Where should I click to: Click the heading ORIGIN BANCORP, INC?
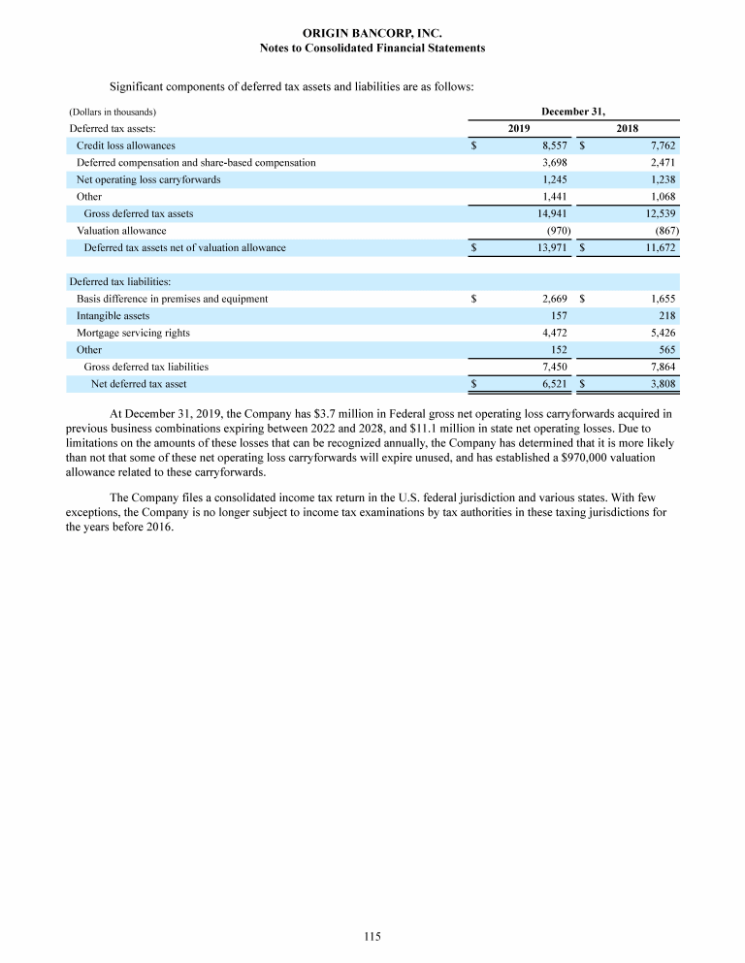point(372,34)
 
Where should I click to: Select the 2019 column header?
point(521,128)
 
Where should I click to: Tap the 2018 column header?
point(628,128)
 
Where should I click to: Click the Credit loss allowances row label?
point(125,145)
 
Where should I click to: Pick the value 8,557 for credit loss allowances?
point(554,145)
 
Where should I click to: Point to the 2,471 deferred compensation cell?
point(659,162)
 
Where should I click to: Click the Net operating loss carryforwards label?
point(148,179)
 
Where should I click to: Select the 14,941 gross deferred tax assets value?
point(552,213)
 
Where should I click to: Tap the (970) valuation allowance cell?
point(557,231)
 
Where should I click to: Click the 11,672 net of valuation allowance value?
point(657,247)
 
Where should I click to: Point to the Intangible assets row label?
point(113,315)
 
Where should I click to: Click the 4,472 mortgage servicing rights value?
point(554,333)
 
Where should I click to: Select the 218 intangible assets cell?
point(665,315)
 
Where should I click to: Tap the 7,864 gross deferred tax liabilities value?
point(659,367)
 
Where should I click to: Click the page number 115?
point(372,936)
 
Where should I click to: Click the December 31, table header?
point(573,112)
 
